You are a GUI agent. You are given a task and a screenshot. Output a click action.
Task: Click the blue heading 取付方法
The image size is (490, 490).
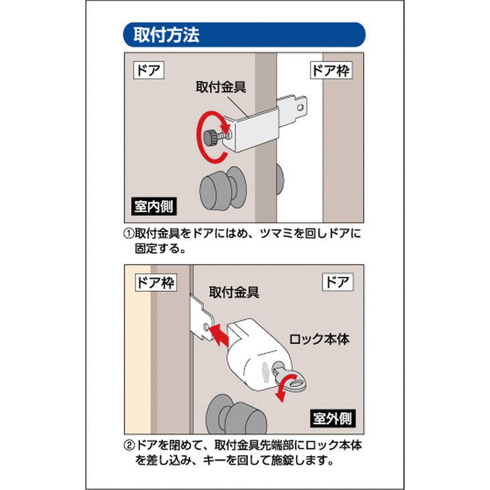tap(166, 35)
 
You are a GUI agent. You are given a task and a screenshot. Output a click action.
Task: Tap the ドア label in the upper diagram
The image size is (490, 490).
tap(149, 70)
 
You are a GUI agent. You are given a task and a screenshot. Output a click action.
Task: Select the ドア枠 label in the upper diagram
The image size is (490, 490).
tap(331, 70)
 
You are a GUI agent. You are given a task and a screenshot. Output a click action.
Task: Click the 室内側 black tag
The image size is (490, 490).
tap(154, 207)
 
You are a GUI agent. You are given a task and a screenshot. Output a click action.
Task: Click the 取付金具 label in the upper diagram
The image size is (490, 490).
tap(221, 87)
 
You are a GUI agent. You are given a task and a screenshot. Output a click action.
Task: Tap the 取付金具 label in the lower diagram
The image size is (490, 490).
tap(234, 292)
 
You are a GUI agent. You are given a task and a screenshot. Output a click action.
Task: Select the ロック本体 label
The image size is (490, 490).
tap(319, 339)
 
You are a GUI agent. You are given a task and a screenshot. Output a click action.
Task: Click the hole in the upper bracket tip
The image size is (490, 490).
tap(301, 107)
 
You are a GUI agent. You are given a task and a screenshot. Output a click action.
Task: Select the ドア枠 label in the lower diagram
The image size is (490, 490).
tap(156, 282)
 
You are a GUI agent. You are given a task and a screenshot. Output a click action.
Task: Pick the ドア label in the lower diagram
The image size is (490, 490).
tap(337, 282)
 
